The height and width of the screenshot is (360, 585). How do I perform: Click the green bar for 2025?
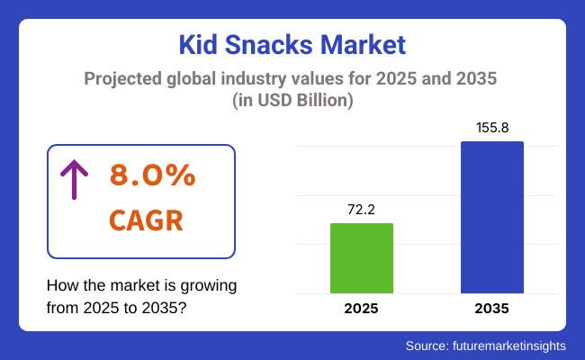tap(361, 258)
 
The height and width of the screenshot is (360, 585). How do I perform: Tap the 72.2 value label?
tap(361, 209)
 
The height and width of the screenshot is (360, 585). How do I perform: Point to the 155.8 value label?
tap(491, 128)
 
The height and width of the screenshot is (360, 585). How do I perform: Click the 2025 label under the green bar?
tap(361, 309)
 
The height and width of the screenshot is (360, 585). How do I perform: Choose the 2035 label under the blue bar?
tap(491, 309)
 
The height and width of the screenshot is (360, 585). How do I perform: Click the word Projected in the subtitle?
tap(122, 78)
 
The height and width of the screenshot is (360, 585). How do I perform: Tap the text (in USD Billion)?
tap(292, 100)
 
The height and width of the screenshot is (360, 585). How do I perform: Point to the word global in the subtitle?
tap(199, 78)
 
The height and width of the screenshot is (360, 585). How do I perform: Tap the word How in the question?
tap(61, 285)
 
